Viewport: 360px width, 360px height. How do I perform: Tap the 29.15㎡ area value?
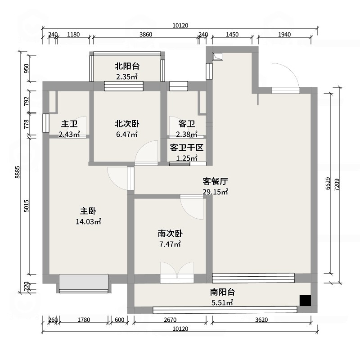tap(215, 192)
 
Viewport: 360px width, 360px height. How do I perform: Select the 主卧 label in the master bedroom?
tap(88, 211)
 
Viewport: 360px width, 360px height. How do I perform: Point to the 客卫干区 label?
tap(187, 148)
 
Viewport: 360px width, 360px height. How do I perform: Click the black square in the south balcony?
tap(306, 301)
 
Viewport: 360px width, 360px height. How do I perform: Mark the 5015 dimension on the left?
tap(27, 206)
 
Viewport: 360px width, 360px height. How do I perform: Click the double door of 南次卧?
tap(177, 273)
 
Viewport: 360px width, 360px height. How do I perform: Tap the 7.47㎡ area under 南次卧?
tap(170, 244)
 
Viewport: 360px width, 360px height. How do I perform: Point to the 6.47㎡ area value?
tap(126, 134)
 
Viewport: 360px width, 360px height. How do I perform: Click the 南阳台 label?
tap(222, 292)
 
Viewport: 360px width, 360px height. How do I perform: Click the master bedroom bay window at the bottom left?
tap(84, 283)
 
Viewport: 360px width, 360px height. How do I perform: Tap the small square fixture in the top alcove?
tap(218, 56)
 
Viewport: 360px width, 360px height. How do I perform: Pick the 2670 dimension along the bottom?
tap(171, 320)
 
